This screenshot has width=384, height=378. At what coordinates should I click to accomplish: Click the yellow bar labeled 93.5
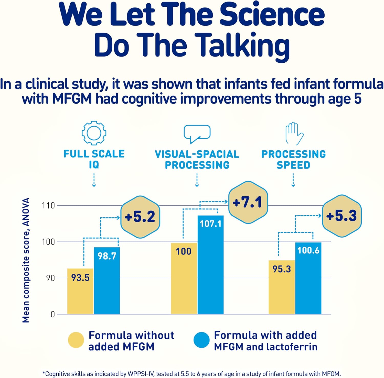[x=80, y=292]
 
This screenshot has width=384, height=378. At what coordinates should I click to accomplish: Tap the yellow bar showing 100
[x=184, y=279]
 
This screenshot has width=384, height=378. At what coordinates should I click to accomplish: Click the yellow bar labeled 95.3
[x=282, y=287]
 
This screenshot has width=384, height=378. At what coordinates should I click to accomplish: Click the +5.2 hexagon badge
[x=140, y=217]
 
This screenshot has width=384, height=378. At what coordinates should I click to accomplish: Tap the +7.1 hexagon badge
[x=248, y=202]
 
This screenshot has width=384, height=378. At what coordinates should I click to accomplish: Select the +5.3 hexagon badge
[x=342, y=216]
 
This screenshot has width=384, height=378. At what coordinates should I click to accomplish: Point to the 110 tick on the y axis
[x=48, y=205]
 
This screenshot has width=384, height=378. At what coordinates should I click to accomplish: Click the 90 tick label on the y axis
[x=50, y=278]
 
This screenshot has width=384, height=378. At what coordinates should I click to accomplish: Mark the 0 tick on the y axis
[x=53, y=314]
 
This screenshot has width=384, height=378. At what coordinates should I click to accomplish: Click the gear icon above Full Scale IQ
[x=94, y=133]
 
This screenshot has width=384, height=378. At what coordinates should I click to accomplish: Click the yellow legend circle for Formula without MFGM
[x=76, y=340]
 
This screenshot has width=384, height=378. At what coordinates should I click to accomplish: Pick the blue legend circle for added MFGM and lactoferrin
[x=202, y=340]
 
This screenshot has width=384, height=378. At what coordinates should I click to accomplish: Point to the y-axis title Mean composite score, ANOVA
[x=26, y=260]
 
